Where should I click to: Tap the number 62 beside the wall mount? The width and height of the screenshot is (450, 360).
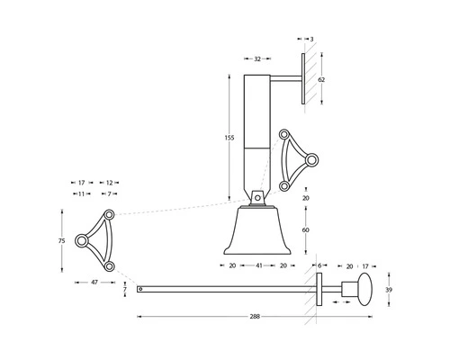coord(322,79)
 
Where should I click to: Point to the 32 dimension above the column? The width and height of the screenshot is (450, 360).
coord(257,58)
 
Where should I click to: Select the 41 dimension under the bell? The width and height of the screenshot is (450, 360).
coord(257,266)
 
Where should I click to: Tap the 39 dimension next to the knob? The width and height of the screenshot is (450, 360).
coord(389,290)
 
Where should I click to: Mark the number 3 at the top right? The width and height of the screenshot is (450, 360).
coord(311,40)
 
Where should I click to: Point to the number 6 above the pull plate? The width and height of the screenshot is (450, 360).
coord(319,266)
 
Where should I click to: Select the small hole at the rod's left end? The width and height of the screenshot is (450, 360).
coord(140,289)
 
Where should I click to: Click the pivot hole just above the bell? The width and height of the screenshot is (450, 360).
coord(257,196)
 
